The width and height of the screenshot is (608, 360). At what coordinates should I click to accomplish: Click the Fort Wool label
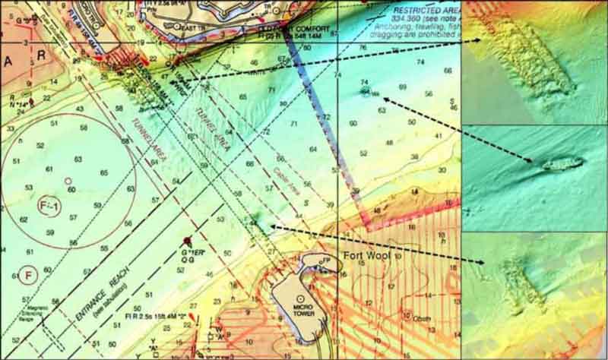366,257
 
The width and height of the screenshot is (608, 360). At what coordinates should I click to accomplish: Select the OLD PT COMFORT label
294,28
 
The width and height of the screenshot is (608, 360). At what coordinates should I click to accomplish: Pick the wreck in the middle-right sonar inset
562,163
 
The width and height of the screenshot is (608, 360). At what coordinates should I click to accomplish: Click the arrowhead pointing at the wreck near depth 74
385,98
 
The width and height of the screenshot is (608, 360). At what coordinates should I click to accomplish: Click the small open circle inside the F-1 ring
68,180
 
